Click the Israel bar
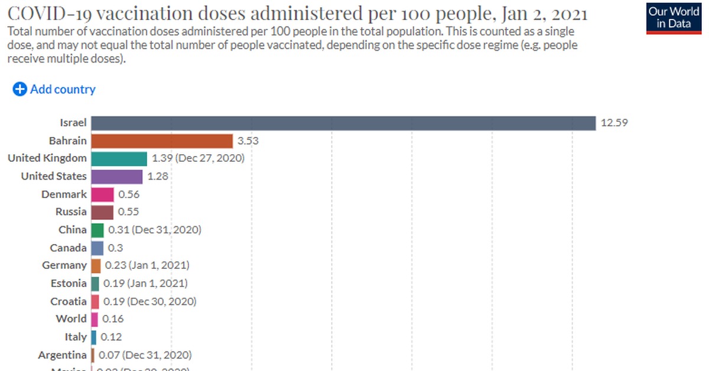click(x=343, y=123)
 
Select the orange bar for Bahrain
click(x=162, y=141)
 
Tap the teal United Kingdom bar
click(x=119, y=158)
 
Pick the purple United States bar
click(x=116, y=177)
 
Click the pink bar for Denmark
click(x=102, y=194)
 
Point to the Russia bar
click(x=102, y=211)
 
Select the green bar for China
click(x=97, y=230)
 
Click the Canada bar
click(x=97, y=248)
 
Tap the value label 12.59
click(x=614, y=123)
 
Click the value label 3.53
click(x=248, y=141)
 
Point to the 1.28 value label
click(x=158, y=177)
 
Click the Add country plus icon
click(x=19, y=89)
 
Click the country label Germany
click(x=64, y=266)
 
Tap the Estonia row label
click(x=69, y=284)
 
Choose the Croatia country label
click(x=69, y=301)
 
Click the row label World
click(x=71, y=319)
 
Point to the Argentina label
click(x=62, y=355)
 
